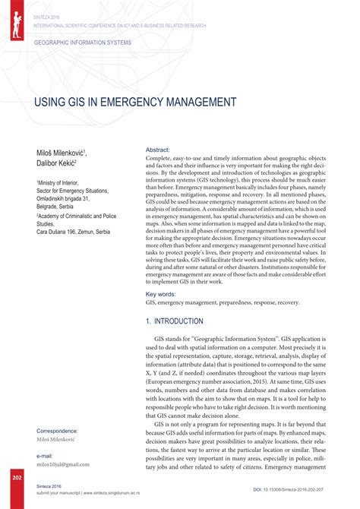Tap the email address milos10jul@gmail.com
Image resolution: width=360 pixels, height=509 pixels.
pyautogui.click(x=63, y=464)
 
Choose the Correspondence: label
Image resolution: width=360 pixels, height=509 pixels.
pyautogui.click(x=61, y=431)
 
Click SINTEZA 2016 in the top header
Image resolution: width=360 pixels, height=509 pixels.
pyautogui.click(x=46, y=15)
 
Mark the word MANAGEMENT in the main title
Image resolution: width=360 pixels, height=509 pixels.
pyautogui.click(x=201, y=102)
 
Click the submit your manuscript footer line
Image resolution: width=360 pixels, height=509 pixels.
pyautogui.click(x=91, y=492)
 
